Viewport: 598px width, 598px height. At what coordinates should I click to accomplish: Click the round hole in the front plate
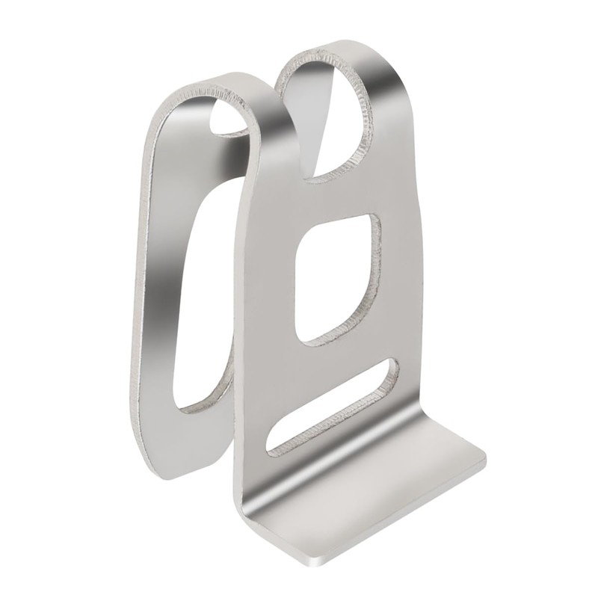coord(329,112)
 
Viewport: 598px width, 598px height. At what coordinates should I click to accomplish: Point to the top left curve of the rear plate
coord(168,105)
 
